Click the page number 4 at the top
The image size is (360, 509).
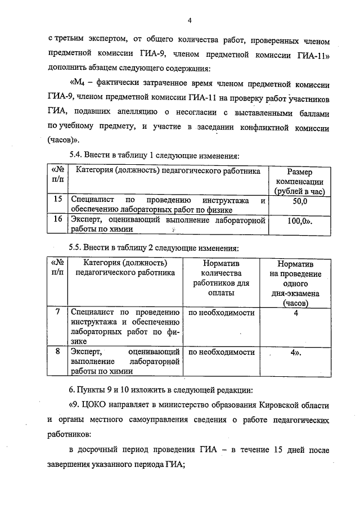(x=190, y=21)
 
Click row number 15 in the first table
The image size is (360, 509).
(x=57, y=199)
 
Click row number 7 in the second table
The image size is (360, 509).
(x=57, y=312)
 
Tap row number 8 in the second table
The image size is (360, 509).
(x=57, y=352)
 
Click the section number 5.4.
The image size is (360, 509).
(x=76, y=155)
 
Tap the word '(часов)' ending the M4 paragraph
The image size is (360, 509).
(x=62, y=139)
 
